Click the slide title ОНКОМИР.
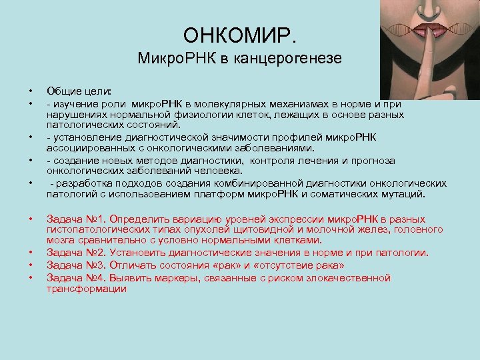[239, 34]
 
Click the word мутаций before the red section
[403, 195]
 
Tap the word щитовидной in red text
[277, 230]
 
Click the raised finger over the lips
[413, 73]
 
